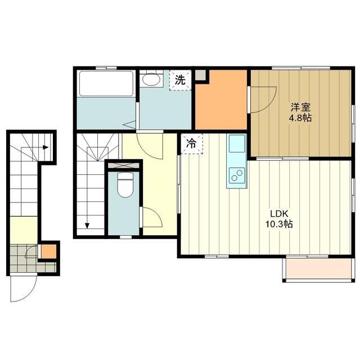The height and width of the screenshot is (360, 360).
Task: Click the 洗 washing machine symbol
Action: tap(180, 80)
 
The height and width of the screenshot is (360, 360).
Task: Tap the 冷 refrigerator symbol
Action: tap(192, 144)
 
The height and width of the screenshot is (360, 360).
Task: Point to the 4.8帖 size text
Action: tap(300, 118)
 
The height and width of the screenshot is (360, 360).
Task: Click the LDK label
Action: tap(279, 214)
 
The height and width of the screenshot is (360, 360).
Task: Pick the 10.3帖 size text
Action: tap(279, 224)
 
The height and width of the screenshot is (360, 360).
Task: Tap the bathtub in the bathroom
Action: tap(106, 84)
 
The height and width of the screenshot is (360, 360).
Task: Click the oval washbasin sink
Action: tap(151, 79)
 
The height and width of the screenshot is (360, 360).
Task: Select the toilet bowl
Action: tap(125, 185)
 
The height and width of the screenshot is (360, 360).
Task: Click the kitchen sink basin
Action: tap(237, 143)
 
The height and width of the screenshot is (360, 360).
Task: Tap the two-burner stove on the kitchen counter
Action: tap(237, 175)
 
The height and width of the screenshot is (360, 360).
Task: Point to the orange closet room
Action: tap(221, 100)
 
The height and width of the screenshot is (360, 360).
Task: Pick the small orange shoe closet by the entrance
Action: tap(48, 251)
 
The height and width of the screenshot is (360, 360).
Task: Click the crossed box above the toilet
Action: tap(124, 165)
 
